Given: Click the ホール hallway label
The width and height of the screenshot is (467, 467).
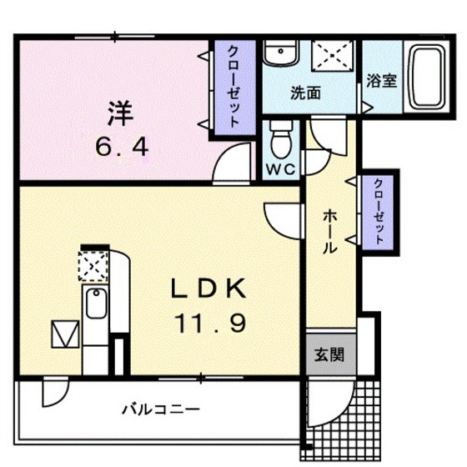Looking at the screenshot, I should point(329,232).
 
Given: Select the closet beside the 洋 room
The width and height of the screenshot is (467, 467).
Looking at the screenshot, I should point(232,85).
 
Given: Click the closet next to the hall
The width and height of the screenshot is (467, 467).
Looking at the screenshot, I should point(378,211).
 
